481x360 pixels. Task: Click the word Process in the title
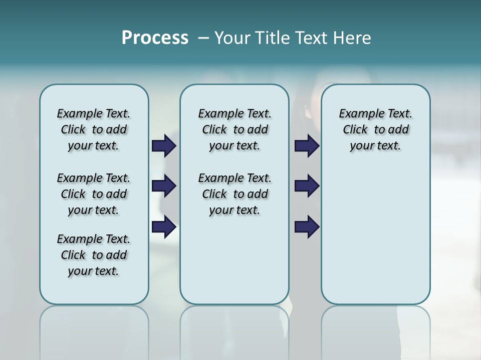click(155, 38)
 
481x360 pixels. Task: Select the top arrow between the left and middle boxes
click(164, 146)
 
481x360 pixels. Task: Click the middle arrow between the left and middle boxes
click(164, 186)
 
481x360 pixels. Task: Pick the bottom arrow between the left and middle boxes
click(164, 227)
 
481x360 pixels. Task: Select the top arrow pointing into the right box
click(307, 146)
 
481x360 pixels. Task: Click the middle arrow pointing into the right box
click(307, 186)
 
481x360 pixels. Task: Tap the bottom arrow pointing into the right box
click(307, 227)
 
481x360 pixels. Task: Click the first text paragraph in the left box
click(94, 129)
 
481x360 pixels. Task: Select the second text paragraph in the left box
click(94, 194)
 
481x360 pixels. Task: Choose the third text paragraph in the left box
click(94, 255)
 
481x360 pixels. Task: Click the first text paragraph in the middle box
click(234, 129)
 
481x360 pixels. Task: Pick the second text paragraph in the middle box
click(234, 194)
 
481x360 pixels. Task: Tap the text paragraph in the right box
click(375, 129)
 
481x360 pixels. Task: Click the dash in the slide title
click(203, 38)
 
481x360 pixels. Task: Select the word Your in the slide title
click(232, 38)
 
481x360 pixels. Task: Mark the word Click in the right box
click(355, 130)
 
